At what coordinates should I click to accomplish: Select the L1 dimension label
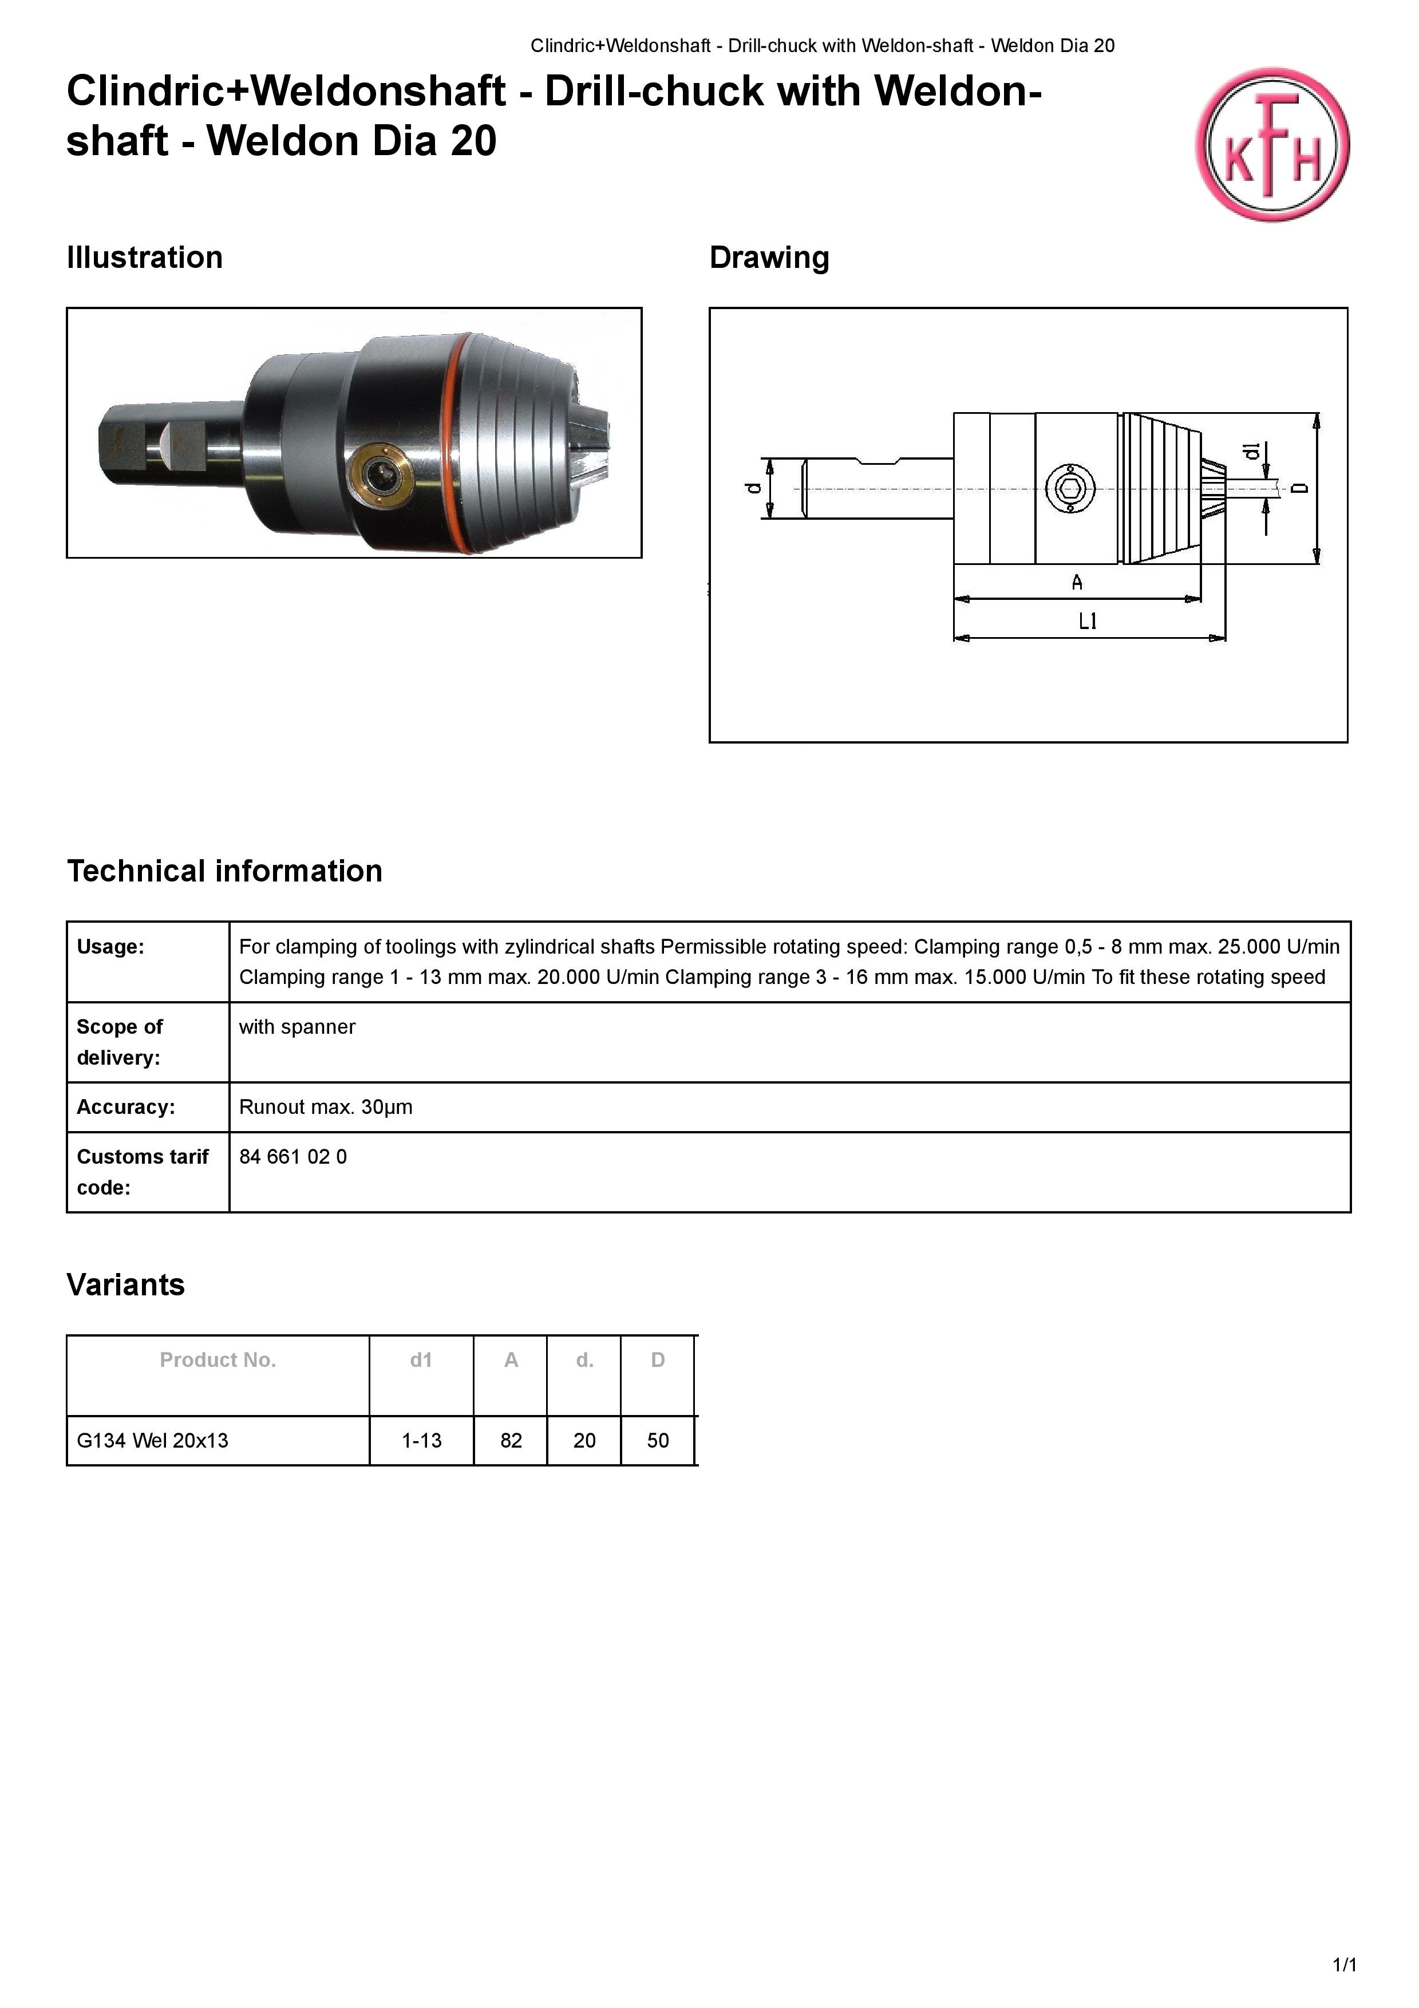1088,622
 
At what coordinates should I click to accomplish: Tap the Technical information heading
225,871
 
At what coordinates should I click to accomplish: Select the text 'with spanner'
297,1027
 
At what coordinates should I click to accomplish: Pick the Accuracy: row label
126,1107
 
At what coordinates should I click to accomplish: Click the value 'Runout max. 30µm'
325,1107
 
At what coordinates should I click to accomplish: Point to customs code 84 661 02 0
293,1157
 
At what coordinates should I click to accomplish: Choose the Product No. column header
218,1360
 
